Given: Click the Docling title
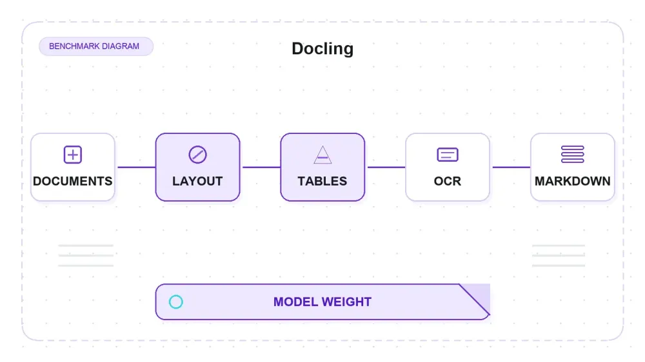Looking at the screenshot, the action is point(322,48).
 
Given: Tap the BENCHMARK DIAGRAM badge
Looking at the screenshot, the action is point(96,46).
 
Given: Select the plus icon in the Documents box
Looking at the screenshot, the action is point(73,155).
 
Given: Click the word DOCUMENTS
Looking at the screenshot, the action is point(73,181).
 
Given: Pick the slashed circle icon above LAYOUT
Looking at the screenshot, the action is point(197,155).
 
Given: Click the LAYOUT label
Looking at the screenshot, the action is point(197,181).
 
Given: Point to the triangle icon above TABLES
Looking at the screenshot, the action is point(322,155).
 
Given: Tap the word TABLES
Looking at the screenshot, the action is point(322,181).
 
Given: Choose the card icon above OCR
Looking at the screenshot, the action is point(448,155).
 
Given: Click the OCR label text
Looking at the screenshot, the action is point(448,181).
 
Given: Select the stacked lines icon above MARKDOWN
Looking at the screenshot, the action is point(573,155).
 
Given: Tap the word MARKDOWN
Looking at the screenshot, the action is point(573,181).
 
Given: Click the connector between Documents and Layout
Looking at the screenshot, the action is point(137,167).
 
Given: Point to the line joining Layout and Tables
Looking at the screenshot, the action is point(262,167).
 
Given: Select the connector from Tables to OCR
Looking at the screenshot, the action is point(386,167).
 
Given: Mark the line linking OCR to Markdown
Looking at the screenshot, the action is point(511,167).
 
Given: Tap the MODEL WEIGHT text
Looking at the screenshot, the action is point(322,302).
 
